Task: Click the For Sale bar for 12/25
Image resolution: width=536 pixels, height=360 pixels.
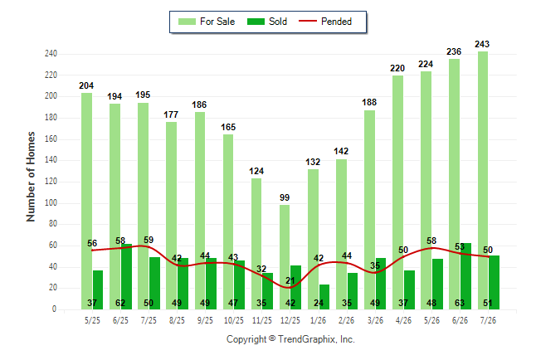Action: pyautogui.click(x=285, y=257)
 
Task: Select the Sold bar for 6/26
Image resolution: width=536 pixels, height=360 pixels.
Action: pyautogui.click(x=465, y=276)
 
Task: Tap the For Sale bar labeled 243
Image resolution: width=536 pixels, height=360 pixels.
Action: pyautogui.click(x=483, y=181)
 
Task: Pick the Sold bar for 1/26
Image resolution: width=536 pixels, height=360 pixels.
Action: pyautogui.click(x=324, y=297)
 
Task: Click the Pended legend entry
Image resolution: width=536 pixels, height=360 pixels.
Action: pyautogui.click(x=325, y=22)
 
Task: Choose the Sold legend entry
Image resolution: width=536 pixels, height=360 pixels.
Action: pyautogui.click(x=267, y=22)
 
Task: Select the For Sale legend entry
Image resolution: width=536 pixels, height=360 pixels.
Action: pyautogui.click(x=207, y=22)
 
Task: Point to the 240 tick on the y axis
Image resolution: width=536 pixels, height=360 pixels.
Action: pyautogui.click(x=51, y=54)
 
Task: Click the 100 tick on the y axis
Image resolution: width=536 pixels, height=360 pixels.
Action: pyautogui.click(x=51, y=202)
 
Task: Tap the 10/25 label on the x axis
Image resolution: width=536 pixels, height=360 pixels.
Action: pyautogui.click(x=234, y=320)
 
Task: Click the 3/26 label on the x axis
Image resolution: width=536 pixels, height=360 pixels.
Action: pyautogui.click(x=375, y=320)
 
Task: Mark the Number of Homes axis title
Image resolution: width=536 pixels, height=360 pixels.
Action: pyautogui.click(x=31, y=177)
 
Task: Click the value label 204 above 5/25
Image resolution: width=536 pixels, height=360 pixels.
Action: pyautogui.click(x=86, y=85)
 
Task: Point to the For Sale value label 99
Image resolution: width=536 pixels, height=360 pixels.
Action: pyautogui.click(x=285, y=197)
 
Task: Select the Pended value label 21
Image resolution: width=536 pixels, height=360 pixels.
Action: pyautogui.click(x=290, y=280)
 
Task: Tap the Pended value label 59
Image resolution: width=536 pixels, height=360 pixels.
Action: pyautogui.click(x=149, y=240)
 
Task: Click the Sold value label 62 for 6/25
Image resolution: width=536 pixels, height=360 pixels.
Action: pyautogui.click(x=120, y=303)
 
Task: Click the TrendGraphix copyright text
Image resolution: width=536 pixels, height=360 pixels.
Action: pyautogui.click(x=290, y=339)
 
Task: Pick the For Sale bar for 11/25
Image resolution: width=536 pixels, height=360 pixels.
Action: pyautogui.click(x=256, y=244)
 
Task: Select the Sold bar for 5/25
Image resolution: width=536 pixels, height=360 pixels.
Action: pyautogui.click(x=98, y=290)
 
